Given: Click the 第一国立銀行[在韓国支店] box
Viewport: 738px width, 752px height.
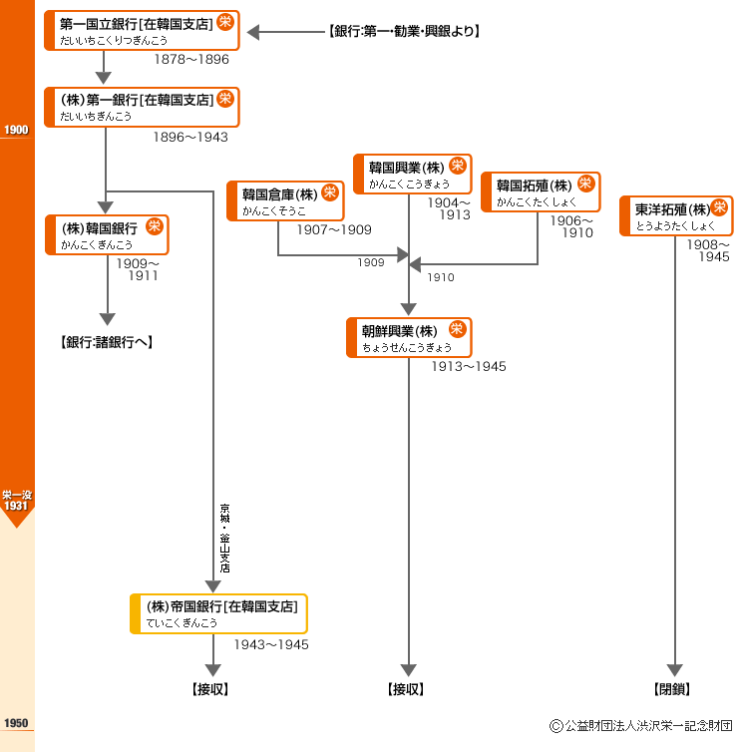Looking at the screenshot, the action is click(x=142, y=30).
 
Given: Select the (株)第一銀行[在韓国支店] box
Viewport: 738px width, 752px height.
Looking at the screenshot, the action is click(x=142, y=107).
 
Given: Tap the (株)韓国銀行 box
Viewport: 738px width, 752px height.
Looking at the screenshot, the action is click(x=107, y=235).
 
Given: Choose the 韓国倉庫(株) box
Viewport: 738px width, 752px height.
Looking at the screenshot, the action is click(x=285, y=200).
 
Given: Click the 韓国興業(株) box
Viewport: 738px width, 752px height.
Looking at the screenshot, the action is click(x=413, y=175).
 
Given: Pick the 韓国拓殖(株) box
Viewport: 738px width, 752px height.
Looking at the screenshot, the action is click(x=541, y=191).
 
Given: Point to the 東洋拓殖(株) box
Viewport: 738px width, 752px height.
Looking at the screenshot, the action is click(x=676, y=215).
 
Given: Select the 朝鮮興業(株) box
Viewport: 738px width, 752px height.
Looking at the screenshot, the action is click(x=409, y=338).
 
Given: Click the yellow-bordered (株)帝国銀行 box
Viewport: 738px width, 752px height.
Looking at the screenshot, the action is click(x=218, y=614).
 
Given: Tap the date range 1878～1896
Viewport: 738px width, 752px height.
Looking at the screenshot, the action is click(x=191, y=60).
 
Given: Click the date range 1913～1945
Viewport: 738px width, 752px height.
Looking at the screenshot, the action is click(x=469, y=366).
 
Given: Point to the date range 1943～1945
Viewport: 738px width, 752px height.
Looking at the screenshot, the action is click(x=271, y=644).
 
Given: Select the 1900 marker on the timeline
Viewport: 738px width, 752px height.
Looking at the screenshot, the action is click(x=16, y=130).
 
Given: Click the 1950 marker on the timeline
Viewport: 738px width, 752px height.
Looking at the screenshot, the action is click(x=16, y=723).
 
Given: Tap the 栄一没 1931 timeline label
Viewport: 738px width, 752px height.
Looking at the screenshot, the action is click(x=17, y=501).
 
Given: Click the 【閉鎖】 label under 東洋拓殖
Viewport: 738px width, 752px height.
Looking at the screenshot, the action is click(x=672, y=689).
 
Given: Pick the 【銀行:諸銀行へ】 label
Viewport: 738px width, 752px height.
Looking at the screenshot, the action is click(x=107, y=342).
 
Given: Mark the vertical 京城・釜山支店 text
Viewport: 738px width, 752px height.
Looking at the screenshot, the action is click(x=224, y=539).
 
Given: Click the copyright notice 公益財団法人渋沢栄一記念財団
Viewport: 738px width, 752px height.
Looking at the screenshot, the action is click(x=641, y=726).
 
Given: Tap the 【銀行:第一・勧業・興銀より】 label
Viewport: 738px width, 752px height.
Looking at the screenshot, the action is click(x=404, y=31).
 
